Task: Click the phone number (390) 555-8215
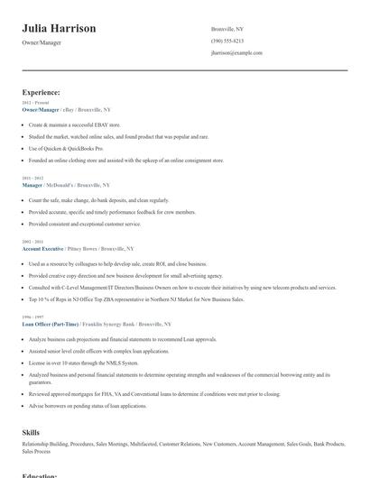pyautogui.click(x=227, y=41)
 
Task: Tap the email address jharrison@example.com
pyautogui.click(x=236, y=53)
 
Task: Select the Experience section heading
pyautogui.click(x=42, y=92)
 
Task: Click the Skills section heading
pyautogui.click(x=31, y=433)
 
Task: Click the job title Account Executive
pyautogui.click(x=42, y=247)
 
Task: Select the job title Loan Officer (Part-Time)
pyautogui.click(x=50, y=323)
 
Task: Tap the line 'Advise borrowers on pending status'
pyautogui.click(x=88, y=406)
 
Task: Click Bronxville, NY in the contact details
pyautogui.click(x=227, y=29)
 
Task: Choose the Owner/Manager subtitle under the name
pyautogui.click(x=43, y=43)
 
